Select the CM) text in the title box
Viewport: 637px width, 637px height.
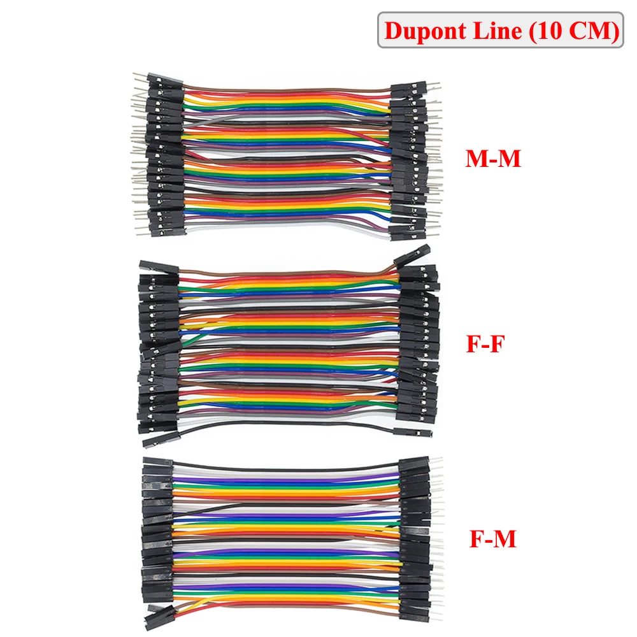point(592,31)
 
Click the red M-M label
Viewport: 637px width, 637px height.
point(493,159)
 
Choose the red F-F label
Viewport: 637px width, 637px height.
point(486,345)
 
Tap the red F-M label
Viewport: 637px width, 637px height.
point(492,540)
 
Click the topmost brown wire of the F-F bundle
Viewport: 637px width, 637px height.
point(287,271)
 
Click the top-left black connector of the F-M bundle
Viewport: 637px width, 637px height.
point(157,463)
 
